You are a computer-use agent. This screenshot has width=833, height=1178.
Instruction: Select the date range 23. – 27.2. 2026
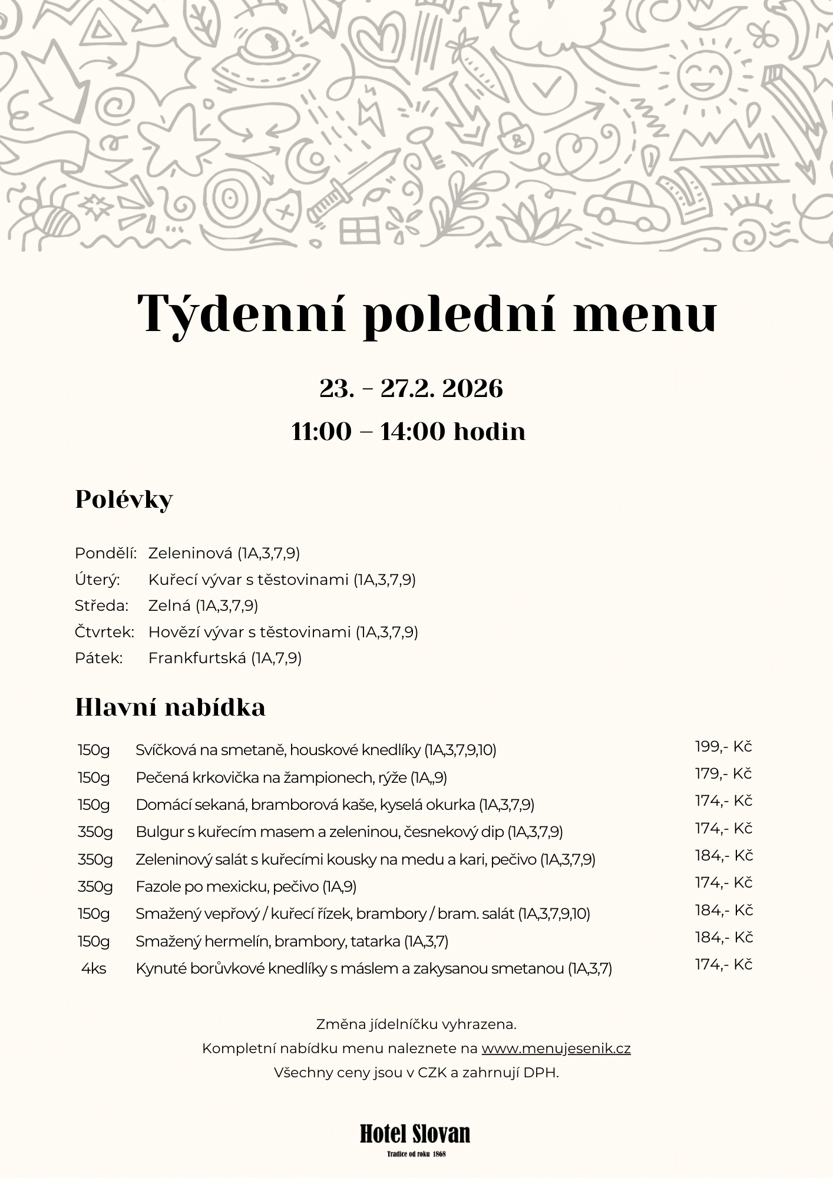pos(411,389)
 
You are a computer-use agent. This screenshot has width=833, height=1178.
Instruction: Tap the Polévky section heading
pos(124,499)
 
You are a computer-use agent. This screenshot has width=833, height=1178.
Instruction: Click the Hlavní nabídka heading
pos(170,707)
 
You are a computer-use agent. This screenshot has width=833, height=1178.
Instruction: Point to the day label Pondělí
pos(105,553)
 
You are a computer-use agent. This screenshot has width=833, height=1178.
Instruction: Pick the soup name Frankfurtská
pos(197,658)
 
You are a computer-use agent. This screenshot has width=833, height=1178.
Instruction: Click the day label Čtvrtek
pos(104,632)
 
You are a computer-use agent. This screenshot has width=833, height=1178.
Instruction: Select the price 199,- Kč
pos(723,747)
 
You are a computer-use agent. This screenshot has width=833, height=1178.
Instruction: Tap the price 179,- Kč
pos(723,774)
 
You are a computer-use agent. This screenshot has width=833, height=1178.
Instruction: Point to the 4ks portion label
pos(94,969)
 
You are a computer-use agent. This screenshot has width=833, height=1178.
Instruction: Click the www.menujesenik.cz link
pos(556,1049)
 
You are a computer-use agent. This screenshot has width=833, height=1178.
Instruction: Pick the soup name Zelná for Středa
pos(171,606)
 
